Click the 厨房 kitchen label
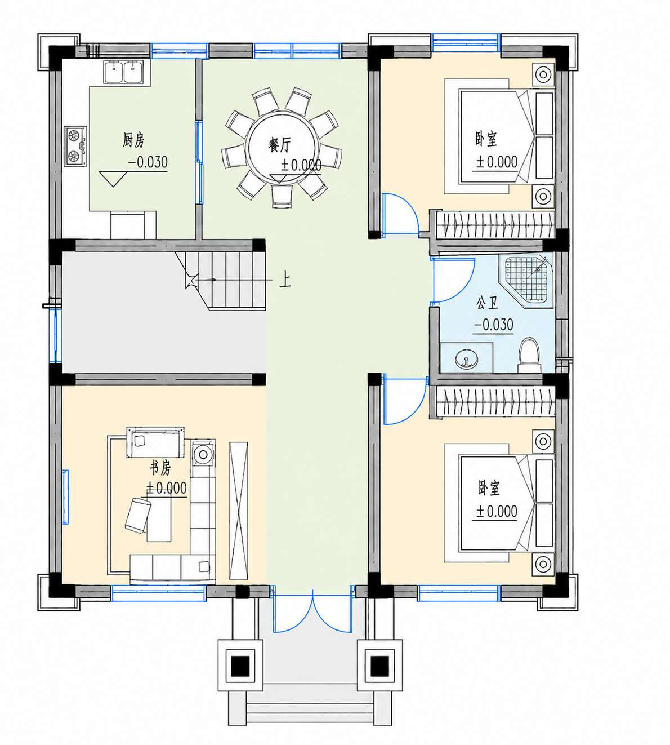[133, 140]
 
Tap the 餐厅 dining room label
[279, 144]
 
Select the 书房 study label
[160, 468]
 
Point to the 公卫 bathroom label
[487, 303]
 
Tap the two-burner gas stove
[75, 146]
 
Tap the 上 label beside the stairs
[285, 281]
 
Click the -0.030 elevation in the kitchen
[148, 162]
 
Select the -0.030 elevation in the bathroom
[494, 325]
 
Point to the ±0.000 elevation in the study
[166, 488]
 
